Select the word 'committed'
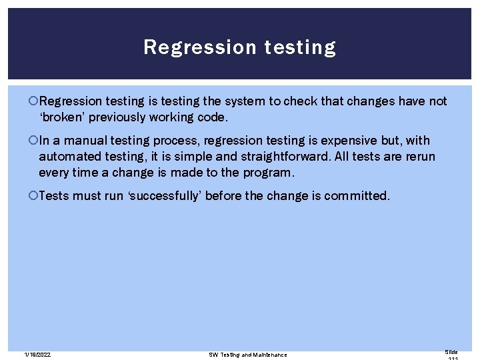coord(357,196)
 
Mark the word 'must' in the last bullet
coord(87,196)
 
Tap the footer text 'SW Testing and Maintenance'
coord(248,355)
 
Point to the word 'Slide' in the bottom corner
coord(451,351)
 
